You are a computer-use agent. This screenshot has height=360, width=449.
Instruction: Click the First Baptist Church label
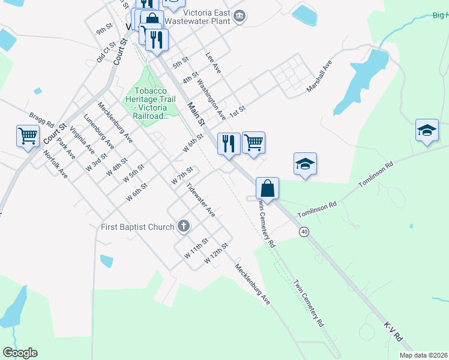coord(137,227)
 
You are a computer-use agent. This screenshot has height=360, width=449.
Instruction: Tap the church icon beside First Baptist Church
coord(184,226)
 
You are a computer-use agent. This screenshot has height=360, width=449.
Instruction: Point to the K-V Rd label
coord(393,331)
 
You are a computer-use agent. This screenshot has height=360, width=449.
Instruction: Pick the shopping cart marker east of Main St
coord(253,143)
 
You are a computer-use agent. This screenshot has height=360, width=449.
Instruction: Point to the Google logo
coord(20,353)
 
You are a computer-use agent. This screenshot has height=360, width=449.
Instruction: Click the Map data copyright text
coord(424,355)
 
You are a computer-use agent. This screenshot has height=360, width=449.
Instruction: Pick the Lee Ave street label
coord(213,62)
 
